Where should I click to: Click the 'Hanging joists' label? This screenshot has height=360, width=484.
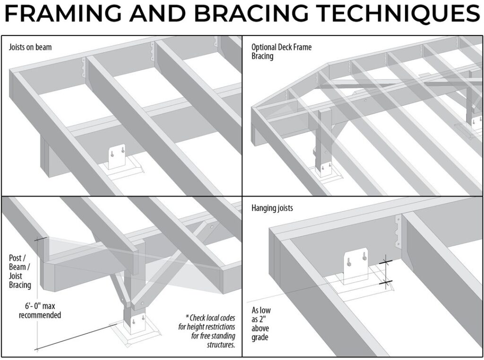point(272,208)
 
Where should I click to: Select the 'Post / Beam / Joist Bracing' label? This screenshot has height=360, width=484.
point(20,272)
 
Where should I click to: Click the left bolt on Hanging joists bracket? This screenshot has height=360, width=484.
point(348,260)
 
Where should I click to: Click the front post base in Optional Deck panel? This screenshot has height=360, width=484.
point(324,170)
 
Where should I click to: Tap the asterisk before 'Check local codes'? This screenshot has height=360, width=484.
point(188,318)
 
